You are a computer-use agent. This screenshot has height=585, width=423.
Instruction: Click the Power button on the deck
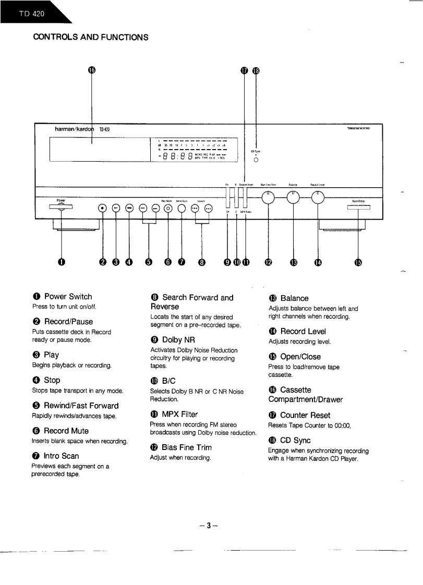coord(62,207)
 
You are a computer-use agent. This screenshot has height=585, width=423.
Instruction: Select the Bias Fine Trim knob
coord(268,197)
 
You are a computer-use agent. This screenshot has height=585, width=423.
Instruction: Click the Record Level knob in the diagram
coord(318,197)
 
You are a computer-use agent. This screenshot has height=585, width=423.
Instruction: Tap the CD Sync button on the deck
coord(256,160)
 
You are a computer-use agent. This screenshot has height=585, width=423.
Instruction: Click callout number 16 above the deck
coord(92,71)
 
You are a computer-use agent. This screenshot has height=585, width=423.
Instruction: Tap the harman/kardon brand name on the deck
coord(73,129)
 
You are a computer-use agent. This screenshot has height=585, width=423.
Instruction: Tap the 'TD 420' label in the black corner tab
coord(30,14)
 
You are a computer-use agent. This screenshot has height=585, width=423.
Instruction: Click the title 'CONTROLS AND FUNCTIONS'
coord(91,37)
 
